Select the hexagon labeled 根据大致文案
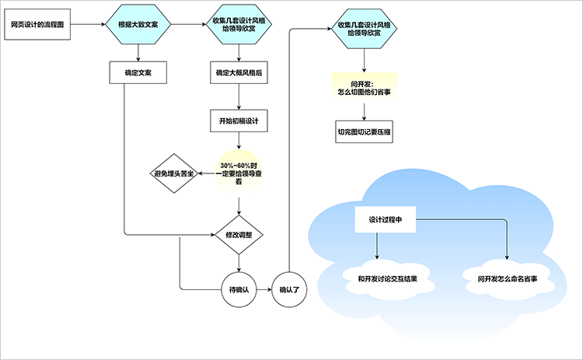tap(138, 25)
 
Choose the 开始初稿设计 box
tap(238, 121)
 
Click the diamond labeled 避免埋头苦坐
tap(173, 173)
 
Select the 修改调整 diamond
tap(238, 234)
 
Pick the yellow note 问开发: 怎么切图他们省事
tap(364, 86)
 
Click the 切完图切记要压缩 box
tap(364, 132)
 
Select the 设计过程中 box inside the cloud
tap(385, 219)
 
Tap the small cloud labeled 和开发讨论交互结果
tap(378, 278)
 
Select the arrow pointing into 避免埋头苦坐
tap(206, 173)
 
